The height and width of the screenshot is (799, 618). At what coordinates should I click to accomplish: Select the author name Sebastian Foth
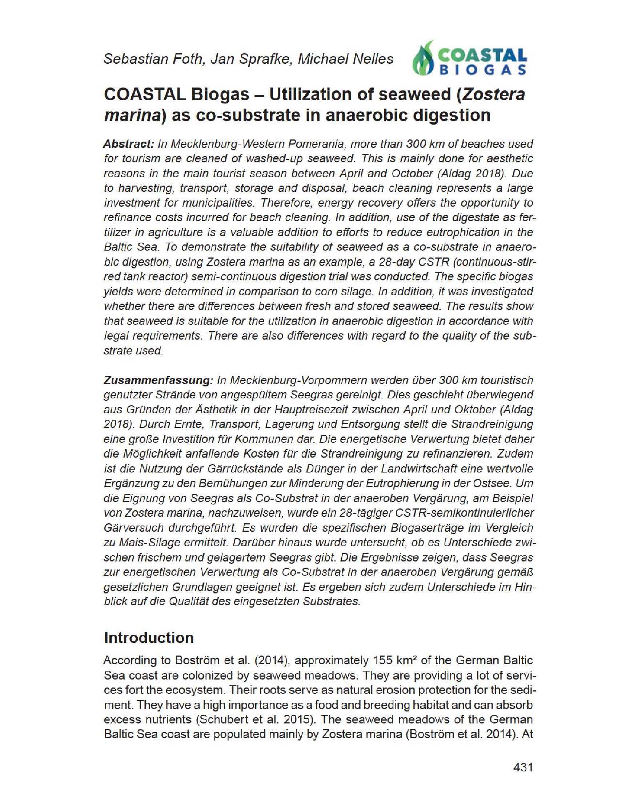coord(153,59)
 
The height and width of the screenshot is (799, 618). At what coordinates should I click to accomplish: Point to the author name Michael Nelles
coord(345,59)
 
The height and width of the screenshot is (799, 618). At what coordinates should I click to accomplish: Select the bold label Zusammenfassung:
coord(158,380)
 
